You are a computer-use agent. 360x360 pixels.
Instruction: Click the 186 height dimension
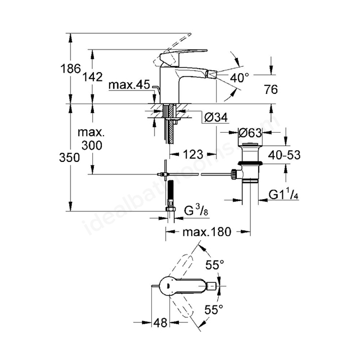pos(71,69)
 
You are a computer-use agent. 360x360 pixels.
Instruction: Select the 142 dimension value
pos(92,76)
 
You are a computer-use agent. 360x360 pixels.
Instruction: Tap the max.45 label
pos(129,85)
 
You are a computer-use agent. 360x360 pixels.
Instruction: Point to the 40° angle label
pos(240,78)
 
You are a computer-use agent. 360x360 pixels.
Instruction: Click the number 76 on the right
pos(271,89)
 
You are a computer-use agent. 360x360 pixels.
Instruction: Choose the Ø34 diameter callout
pos(216,118)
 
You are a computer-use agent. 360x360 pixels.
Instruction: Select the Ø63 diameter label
pos(250,133)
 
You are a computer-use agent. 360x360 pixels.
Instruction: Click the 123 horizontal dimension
pos(193,154)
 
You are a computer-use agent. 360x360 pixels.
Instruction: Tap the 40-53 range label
pos(284,155)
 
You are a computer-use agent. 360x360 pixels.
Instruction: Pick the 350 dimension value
pos(69,157)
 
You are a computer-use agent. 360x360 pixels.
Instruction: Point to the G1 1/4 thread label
pos(283,195)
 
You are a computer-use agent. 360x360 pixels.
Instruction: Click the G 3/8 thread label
pos(196,211)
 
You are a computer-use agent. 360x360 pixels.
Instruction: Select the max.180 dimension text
pos(207,232)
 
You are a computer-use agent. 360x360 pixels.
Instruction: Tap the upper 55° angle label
pos(215,265)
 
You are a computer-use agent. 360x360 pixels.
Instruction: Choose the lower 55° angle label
pos(214,309)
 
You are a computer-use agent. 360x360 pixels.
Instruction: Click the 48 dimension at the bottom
pos(160,323)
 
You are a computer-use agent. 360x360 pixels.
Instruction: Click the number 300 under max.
pos(92,145)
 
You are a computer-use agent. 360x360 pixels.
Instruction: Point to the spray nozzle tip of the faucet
pos(211,74)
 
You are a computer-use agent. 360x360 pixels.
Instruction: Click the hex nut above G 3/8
pos(170,209)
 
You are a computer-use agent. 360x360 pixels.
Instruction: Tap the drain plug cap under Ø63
pos(250,145)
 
